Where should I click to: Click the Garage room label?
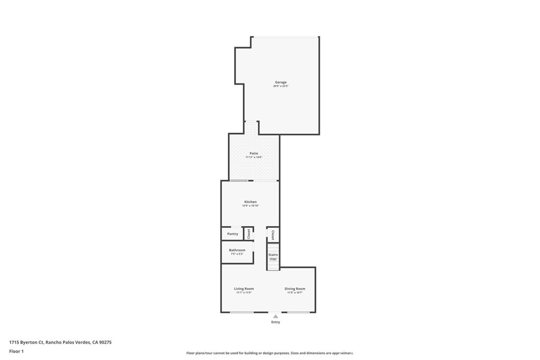(281, 82)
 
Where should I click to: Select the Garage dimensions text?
(281, 86)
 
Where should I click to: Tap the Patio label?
(254, 153)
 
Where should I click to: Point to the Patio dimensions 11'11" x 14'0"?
(254, 158)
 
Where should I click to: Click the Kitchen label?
(250, 202)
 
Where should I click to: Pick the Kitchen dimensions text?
(250, 206)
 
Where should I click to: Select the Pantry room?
(233, 233)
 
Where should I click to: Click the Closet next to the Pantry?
(249, 233)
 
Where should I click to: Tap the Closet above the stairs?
(273, 235)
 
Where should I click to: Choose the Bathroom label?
(237, 250)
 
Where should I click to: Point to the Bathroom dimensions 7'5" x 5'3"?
(237, 254)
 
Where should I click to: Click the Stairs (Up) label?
(273, 257)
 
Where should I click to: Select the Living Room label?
(244, 288)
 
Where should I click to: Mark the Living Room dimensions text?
(244, 293)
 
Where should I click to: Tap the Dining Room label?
(295, 288)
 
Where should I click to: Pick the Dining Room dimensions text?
(295, 293)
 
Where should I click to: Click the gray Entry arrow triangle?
(275, 316)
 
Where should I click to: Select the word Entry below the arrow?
(275, 322)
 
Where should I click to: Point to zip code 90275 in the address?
(105, 342)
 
